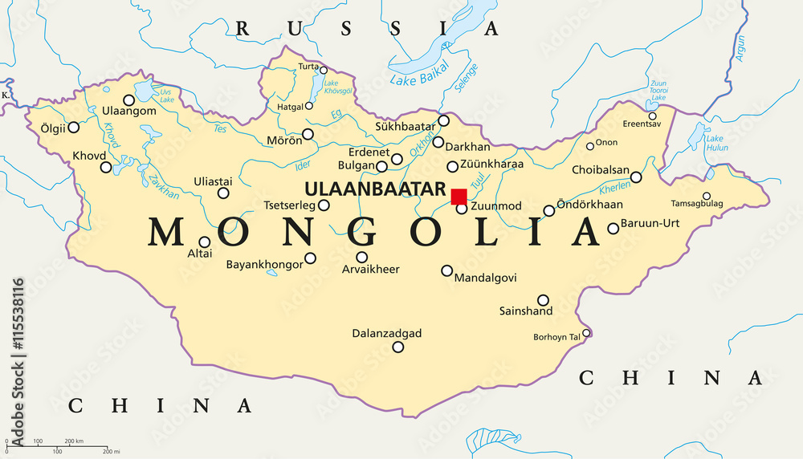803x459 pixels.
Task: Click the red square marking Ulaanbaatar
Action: point(459,197)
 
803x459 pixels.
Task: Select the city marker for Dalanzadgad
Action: point(397,347)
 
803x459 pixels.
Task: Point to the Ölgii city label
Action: point(47,127)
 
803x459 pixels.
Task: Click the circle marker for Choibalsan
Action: point(636,177)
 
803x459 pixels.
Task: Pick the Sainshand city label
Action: point(526,311)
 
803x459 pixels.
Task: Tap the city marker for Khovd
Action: point(106,168)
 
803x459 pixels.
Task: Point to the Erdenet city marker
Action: point(397,159)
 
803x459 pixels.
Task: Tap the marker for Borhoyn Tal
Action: point(586,332)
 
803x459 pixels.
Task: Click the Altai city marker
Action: point(205,242)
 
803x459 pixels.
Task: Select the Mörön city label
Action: point(284,140)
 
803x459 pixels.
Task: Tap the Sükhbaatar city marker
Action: point(444,121)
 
